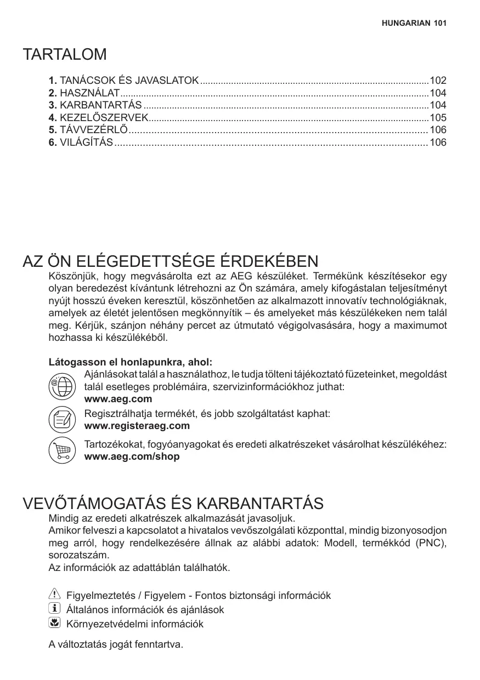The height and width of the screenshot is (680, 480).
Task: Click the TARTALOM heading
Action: point(65,55)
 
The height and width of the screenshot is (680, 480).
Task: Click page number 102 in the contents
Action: point(438,80)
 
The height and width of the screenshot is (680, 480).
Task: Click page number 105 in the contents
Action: point(438,118)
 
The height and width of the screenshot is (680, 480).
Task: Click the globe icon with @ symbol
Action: point(62,386)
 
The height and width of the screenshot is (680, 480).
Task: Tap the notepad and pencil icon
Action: point(62,419)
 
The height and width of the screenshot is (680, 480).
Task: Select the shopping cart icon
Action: point(62,450)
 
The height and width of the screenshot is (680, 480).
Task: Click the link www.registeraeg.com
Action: point(137,426)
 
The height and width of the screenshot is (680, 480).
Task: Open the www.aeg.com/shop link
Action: point(132,456)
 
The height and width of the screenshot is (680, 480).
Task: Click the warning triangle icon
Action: point(54,595)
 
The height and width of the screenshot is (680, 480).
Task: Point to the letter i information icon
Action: point(54,609)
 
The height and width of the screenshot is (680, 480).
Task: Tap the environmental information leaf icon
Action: point(54,623)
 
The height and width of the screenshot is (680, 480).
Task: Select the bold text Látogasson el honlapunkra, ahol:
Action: point(131,363)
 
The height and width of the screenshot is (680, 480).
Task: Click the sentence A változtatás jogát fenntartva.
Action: point(116,644)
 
